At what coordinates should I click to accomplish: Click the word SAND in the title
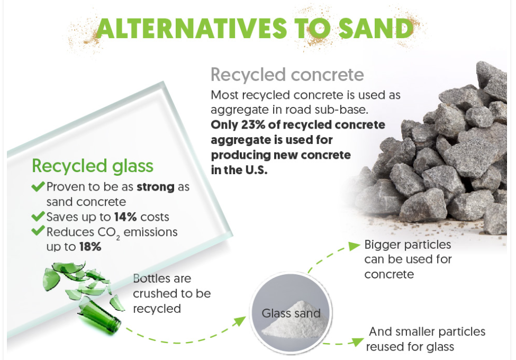375,28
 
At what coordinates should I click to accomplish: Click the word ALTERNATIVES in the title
192,28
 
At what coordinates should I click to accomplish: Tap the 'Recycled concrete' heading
287,75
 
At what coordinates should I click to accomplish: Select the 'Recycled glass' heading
93,166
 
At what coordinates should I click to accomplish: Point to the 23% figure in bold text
254,125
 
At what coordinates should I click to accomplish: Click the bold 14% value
125,217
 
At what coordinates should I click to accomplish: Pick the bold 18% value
90,247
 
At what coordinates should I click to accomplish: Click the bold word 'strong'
156,187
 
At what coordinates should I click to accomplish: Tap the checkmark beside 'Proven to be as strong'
38,186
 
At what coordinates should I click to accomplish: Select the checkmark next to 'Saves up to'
38,216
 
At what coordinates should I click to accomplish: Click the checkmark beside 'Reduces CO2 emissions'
38,230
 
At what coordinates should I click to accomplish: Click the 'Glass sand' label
291,313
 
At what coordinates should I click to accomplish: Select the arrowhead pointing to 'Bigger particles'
354,246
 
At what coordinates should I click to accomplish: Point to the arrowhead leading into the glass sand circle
240,321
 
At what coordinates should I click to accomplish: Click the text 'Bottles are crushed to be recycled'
172,293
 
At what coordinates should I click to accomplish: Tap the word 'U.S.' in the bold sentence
256,170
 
